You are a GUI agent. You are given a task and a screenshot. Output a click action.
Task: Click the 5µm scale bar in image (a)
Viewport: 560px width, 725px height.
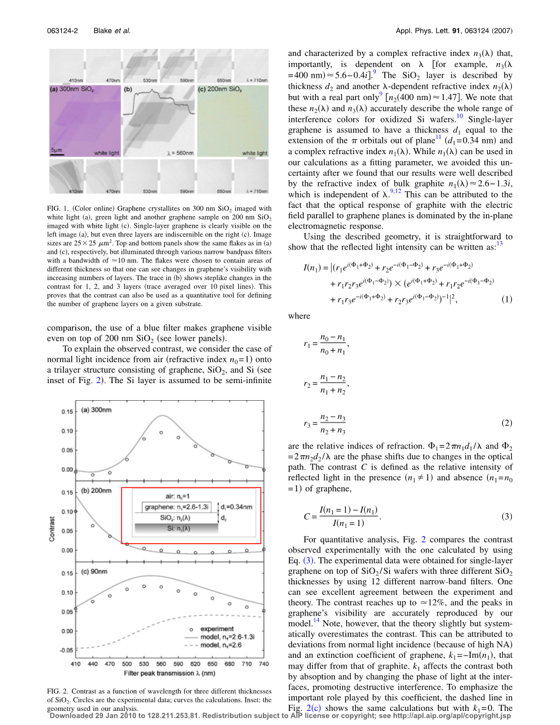[56, 153]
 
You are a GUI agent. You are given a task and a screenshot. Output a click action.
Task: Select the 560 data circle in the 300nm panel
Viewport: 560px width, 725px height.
[161, 433]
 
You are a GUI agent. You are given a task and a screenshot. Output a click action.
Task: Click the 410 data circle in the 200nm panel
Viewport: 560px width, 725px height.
[75, 512]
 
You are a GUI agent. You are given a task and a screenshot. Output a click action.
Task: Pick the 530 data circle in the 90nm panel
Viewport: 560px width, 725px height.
[144, 586]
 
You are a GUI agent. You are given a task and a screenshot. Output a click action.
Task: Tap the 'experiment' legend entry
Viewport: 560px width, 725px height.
[217, 629]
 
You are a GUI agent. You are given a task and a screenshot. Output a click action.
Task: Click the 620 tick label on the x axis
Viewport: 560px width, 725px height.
[195, 664]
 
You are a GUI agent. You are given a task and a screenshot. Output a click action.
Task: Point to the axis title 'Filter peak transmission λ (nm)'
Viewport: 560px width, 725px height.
[168, 672]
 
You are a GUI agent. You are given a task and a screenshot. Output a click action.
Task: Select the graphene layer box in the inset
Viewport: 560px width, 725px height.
[176, 507]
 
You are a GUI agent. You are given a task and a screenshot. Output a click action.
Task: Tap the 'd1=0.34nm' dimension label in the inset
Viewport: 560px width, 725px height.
[237, 506]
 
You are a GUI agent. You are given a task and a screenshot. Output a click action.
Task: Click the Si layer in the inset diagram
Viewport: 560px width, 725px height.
[176, 529]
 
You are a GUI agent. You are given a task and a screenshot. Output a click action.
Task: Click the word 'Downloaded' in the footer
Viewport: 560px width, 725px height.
[70, 716]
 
